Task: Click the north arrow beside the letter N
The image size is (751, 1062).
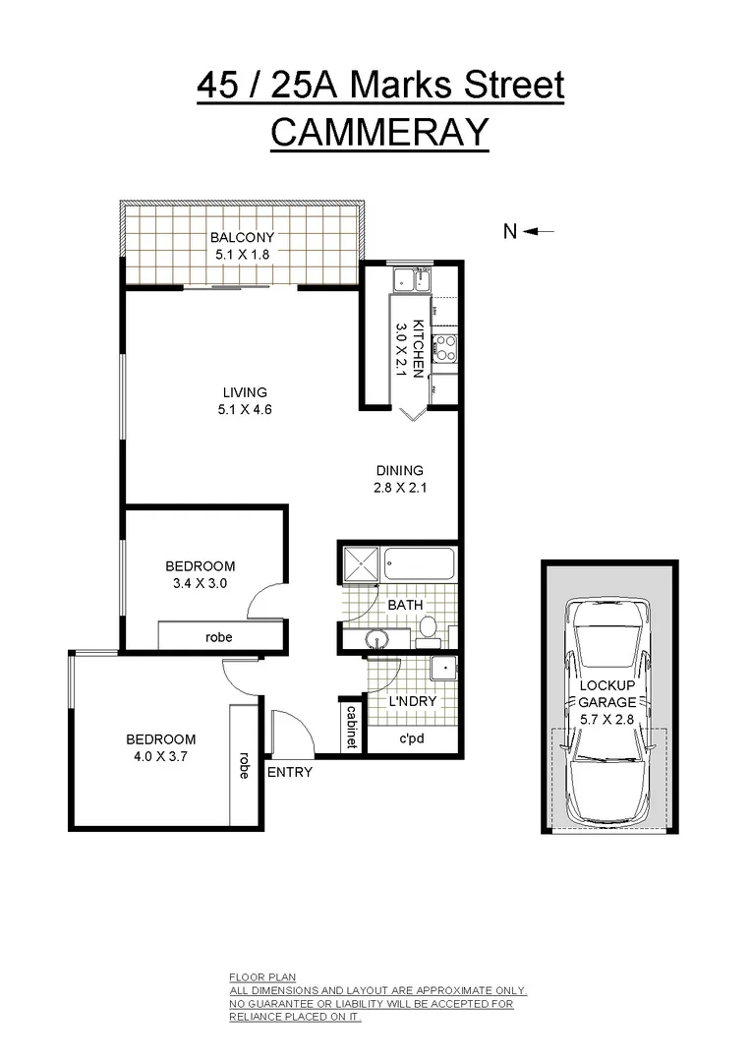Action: (x=540, y=232)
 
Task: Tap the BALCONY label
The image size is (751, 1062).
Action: (x=242, y=237)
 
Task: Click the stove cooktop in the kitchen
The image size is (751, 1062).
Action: (x=444, y=346)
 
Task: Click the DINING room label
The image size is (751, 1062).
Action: (x=398, y=470)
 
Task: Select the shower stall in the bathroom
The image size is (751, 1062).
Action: (x=360, y=564)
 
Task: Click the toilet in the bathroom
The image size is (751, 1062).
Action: (x=429, y=627)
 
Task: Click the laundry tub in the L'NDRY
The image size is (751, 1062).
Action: (x=444, y=669)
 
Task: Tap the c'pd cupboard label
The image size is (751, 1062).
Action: (x=411, y=739)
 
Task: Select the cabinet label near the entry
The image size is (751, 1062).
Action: (x=350, y=725)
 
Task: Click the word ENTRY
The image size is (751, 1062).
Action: (x=290, y=772)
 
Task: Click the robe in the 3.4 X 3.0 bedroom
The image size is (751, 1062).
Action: (x=218, y=637)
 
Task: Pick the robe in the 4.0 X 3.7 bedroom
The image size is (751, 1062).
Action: (x=243, y=765)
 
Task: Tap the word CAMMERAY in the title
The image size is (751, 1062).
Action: (x=379, y=132)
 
